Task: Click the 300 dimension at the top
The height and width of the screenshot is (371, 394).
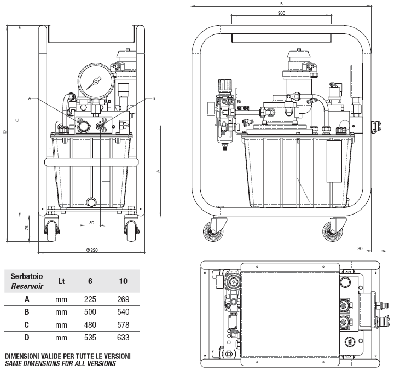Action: pyautogui.click(x=281, y=13)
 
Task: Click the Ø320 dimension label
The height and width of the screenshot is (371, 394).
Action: pyautogui.click(x=91, y=249)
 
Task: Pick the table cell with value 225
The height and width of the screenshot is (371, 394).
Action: pyautogui.click(x=90, y=299)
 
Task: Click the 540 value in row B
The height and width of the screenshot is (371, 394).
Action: pyautogui.click(x=123, y=312)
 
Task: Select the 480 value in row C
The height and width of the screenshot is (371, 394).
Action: pyautogui.click(x=90, y=325)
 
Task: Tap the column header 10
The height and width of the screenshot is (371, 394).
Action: pyautogui.click(x=123, y=281)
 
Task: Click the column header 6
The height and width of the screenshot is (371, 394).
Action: pyautogui.click(x=90, y=281)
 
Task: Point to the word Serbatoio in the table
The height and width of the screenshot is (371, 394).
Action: pyautogui.click(x=27, y=277)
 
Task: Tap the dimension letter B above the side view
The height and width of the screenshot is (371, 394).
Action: pyautogui.click(x=281, y=4)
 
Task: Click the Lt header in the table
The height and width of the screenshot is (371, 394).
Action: pyautogui.click(x=61, y=281)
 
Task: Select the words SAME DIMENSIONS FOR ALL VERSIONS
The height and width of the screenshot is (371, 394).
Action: pyautogui.click(x=60, y=363)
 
